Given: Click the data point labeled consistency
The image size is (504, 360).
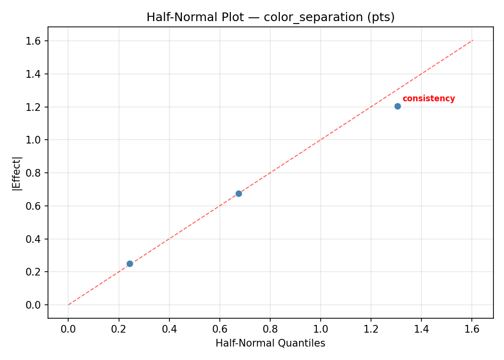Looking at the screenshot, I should tap(397, 106).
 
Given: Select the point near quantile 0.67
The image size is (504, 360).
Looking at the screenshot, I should tap(239, 193).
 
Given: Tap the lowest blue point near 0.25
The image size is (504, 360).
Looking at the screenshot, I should tap(130, 264).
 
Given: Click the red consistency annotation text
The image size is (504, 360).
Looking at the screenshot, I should tap(428, 99).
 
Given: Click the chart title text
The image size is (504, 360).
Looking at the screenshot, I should tap(270, 17).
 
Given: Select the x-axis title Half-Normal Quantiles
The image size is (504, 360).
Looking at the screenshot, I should tap(270, 343).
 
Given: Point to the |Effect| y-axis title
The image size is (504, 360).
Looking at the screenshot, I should tap(17, 173).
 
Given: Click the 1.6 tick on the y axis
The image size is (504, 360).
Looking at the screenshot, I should tap(36, 41).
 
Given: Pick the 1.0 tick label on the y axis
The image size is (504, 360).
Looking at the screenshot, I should tap(36, 140).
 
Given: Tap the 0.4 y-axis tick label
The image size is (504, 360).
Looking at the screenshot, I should tap(36, 239).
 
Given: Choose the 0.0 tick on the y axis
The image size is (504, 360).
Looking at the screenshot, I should tap(36, 305).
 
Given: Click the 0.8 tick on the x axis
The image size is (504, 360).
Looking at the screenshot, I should tap(270, 329).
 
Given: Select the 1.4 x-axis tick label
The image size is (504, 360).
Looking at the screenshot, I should tap(421, 329).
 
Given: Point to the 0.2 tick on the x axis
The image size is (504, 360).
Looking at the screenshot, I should tap(119, 329).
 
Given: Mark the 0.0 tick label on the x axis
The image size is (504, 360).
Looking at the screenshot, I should tap(68, 329).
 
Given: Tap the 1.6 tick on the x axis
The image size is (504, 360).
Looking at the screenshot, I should tap(472, 329).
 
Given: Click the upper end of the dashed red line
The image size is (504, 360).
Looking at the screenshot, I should tap(472, 40).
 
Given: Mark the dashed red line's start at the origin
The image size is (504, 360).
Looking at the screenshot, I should tap(69, 304).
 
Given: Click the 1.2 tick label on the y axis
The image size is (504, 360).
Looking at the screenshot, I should tap(36, 107).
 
